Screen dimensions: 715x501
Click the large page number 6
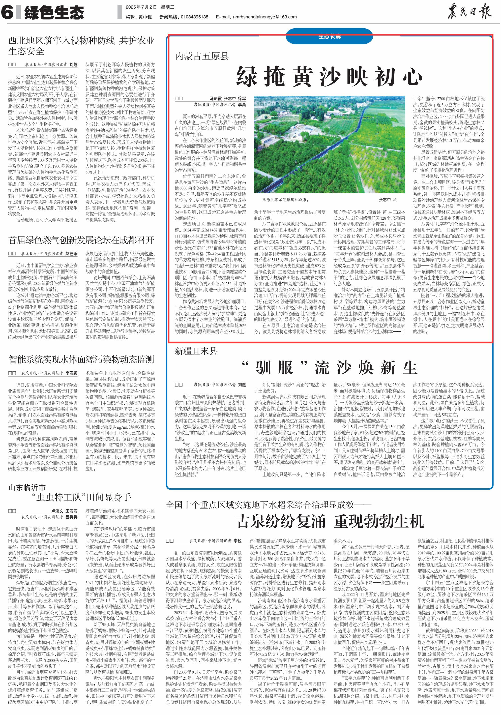click(8, 12)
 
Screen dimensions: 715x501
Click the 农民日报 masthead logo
click(469, 12)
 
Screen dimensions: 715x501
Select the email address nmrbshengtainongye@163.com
click(265, 17)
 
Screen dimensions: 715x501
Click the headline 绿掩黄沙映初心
click(330, 76)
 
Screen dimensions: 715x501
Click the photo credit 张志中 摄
click(387, 200)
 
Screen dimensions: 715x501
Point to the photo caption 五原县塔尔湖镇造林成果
click(285, 200)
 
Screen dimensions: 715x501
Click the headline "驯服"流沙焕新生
click(330, 368)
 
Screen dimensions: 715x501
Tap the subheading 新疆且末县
click(196, 351)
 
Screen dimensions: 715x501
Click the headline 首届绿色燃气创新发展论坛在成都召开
click(81, 240)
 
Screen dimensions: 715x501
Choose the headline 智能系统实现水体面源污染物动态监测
click(81, 359)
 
